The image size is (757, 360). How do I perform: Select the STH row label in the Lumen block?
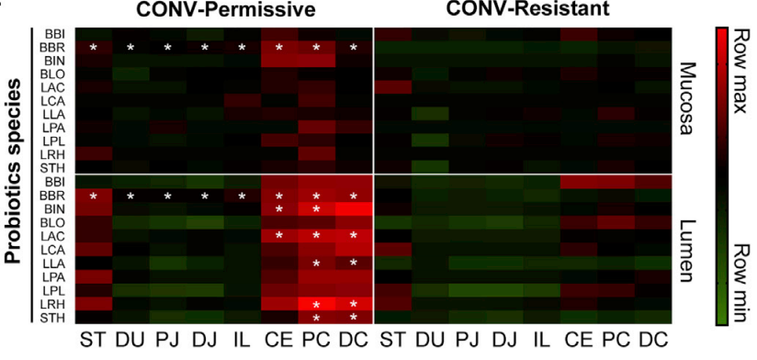click(x=51, y=317)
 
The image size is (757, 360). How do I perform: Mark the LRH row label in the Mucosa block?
click(x=51, y=153)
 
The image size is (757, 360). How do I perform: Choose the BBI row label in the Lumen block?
click(x=51, y=183)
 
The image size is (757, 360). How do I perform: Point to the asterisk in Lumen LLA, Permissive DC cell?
click(x=354, y=264)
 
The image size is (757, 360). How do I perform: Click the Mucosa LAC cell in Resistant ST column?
click(x=392, y=87)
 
